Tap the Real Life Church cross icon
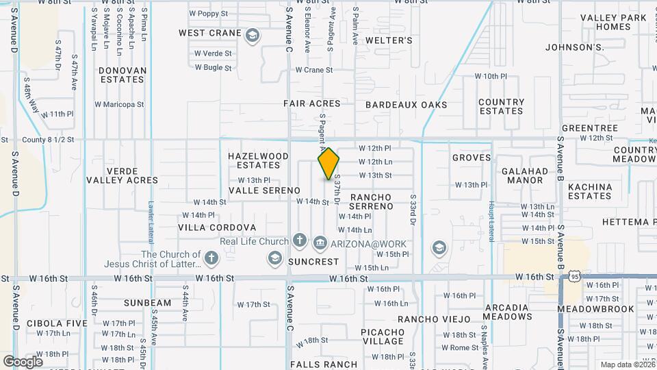[x=299, y=241]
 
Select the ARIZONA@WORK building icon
[x=320, y=243]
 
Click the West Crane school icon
[x=253, y=36]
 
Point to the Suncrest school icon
[x=274, y=258]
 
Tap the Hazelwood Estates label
[x=258, y=160]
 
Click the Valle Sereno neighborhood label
[x=264, y=190]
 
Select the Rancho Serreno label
[x=370, y=201]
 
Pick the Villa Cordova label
[x=217, y=227]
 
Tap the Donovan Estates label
[x=123, y=75]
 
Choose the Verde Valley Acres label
[x=123, y=175]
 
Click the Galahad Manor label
[x=525, y=175]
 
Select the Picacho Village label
[x=383, y=336]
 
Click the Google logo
[x=23, y=361]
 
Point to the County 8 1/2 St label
[x=47, y=139]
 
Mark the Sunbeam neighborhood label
[x=148, y=302]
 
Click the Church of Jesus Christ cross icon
[x=211, y=258]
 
